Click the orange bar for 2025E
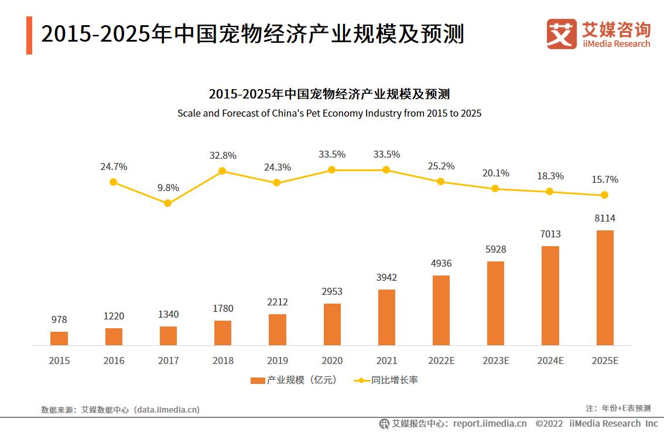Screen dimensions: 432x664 pyautogui.click(x=605, y=288)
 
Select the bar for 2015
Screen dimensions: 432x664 pyautogui.click(x=59, y=339)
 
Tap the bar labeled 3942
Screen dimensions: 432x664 pyautogui.click(x=386, y=317)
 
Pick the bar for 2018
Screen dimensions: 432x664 pyautogui.click(x=223, y=333)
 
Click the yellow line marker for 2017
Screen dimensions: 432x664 pyautogui.click(x=168, y=203)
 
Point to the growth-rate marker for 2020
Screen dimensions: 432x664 pyautogui.click(x=331, y=170)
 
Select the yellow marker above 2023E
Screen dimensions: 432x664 pyautogui.click(x=495, y=188)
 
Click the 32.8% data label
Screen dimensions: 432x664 pyautogui.click(x=223, y=156)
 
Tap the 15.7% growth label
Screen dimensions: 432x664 pyautogui.click(x=605, y=179)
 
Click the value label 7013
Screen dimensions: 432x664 pyautogui.click(x=550, y=234)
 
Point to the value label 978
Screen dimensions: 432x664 pyautogui.click(x=59, y=320)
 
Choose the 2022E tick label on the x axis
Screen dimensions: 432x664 pyautogui.click(x=441, y=360)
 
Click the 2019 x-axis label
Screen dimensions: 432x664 pyautogui.click(x=277, y=360)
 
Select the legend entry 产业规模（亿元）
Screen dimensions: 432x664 pyautogui.click(x=293, y=380)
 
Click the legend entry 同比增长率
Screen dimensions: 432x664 pyautogui.click(x=386, y=380)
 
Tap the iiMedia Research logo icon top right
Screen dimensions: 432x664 pyautogui.click(x=562, y=34)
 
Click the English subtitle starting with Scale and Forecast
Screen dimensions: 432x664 pyautogui.click(x=329, y=113)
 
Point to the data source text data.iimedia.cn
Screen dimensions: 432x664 pyautogui.click(x=167, y=410)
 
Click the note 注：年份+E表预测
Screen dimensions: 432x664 pyautogui.click(x=618, y=408)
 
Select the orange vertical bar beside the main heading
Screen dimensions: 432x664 pyautogui.click(x=29, y=35)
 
